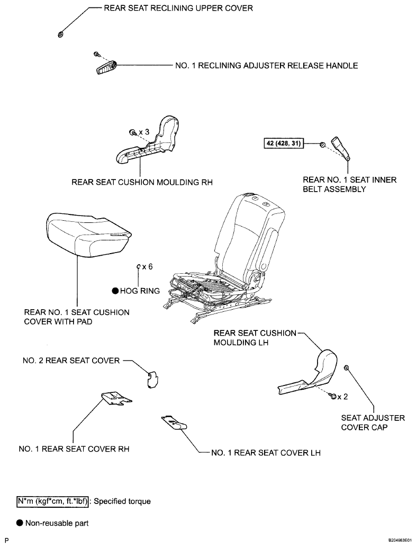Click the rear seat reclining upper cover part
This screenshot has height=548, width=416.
coord(60,34)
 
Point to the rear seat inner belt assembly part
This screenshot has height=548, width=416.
coord(341,148)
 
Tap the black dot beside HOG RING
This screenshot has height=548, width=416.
coord(115,291)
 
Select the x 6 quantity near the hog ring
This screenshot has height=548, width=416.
coord(147,267)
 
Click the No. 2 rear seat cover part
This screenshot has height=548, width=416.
coord(151,380)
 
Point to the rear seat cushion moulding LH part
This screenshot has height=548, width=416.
coord(309,376)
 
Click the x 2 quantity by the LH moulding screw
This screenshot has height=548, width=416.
coord(342,397)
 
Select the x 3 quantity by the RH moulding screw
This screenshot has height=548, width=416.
coord(143,132)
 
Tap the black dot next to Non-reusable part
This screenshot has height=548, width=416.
coord(20,523)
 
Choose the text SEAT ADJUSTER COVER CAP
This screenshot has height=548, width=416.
coord(373,423)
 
